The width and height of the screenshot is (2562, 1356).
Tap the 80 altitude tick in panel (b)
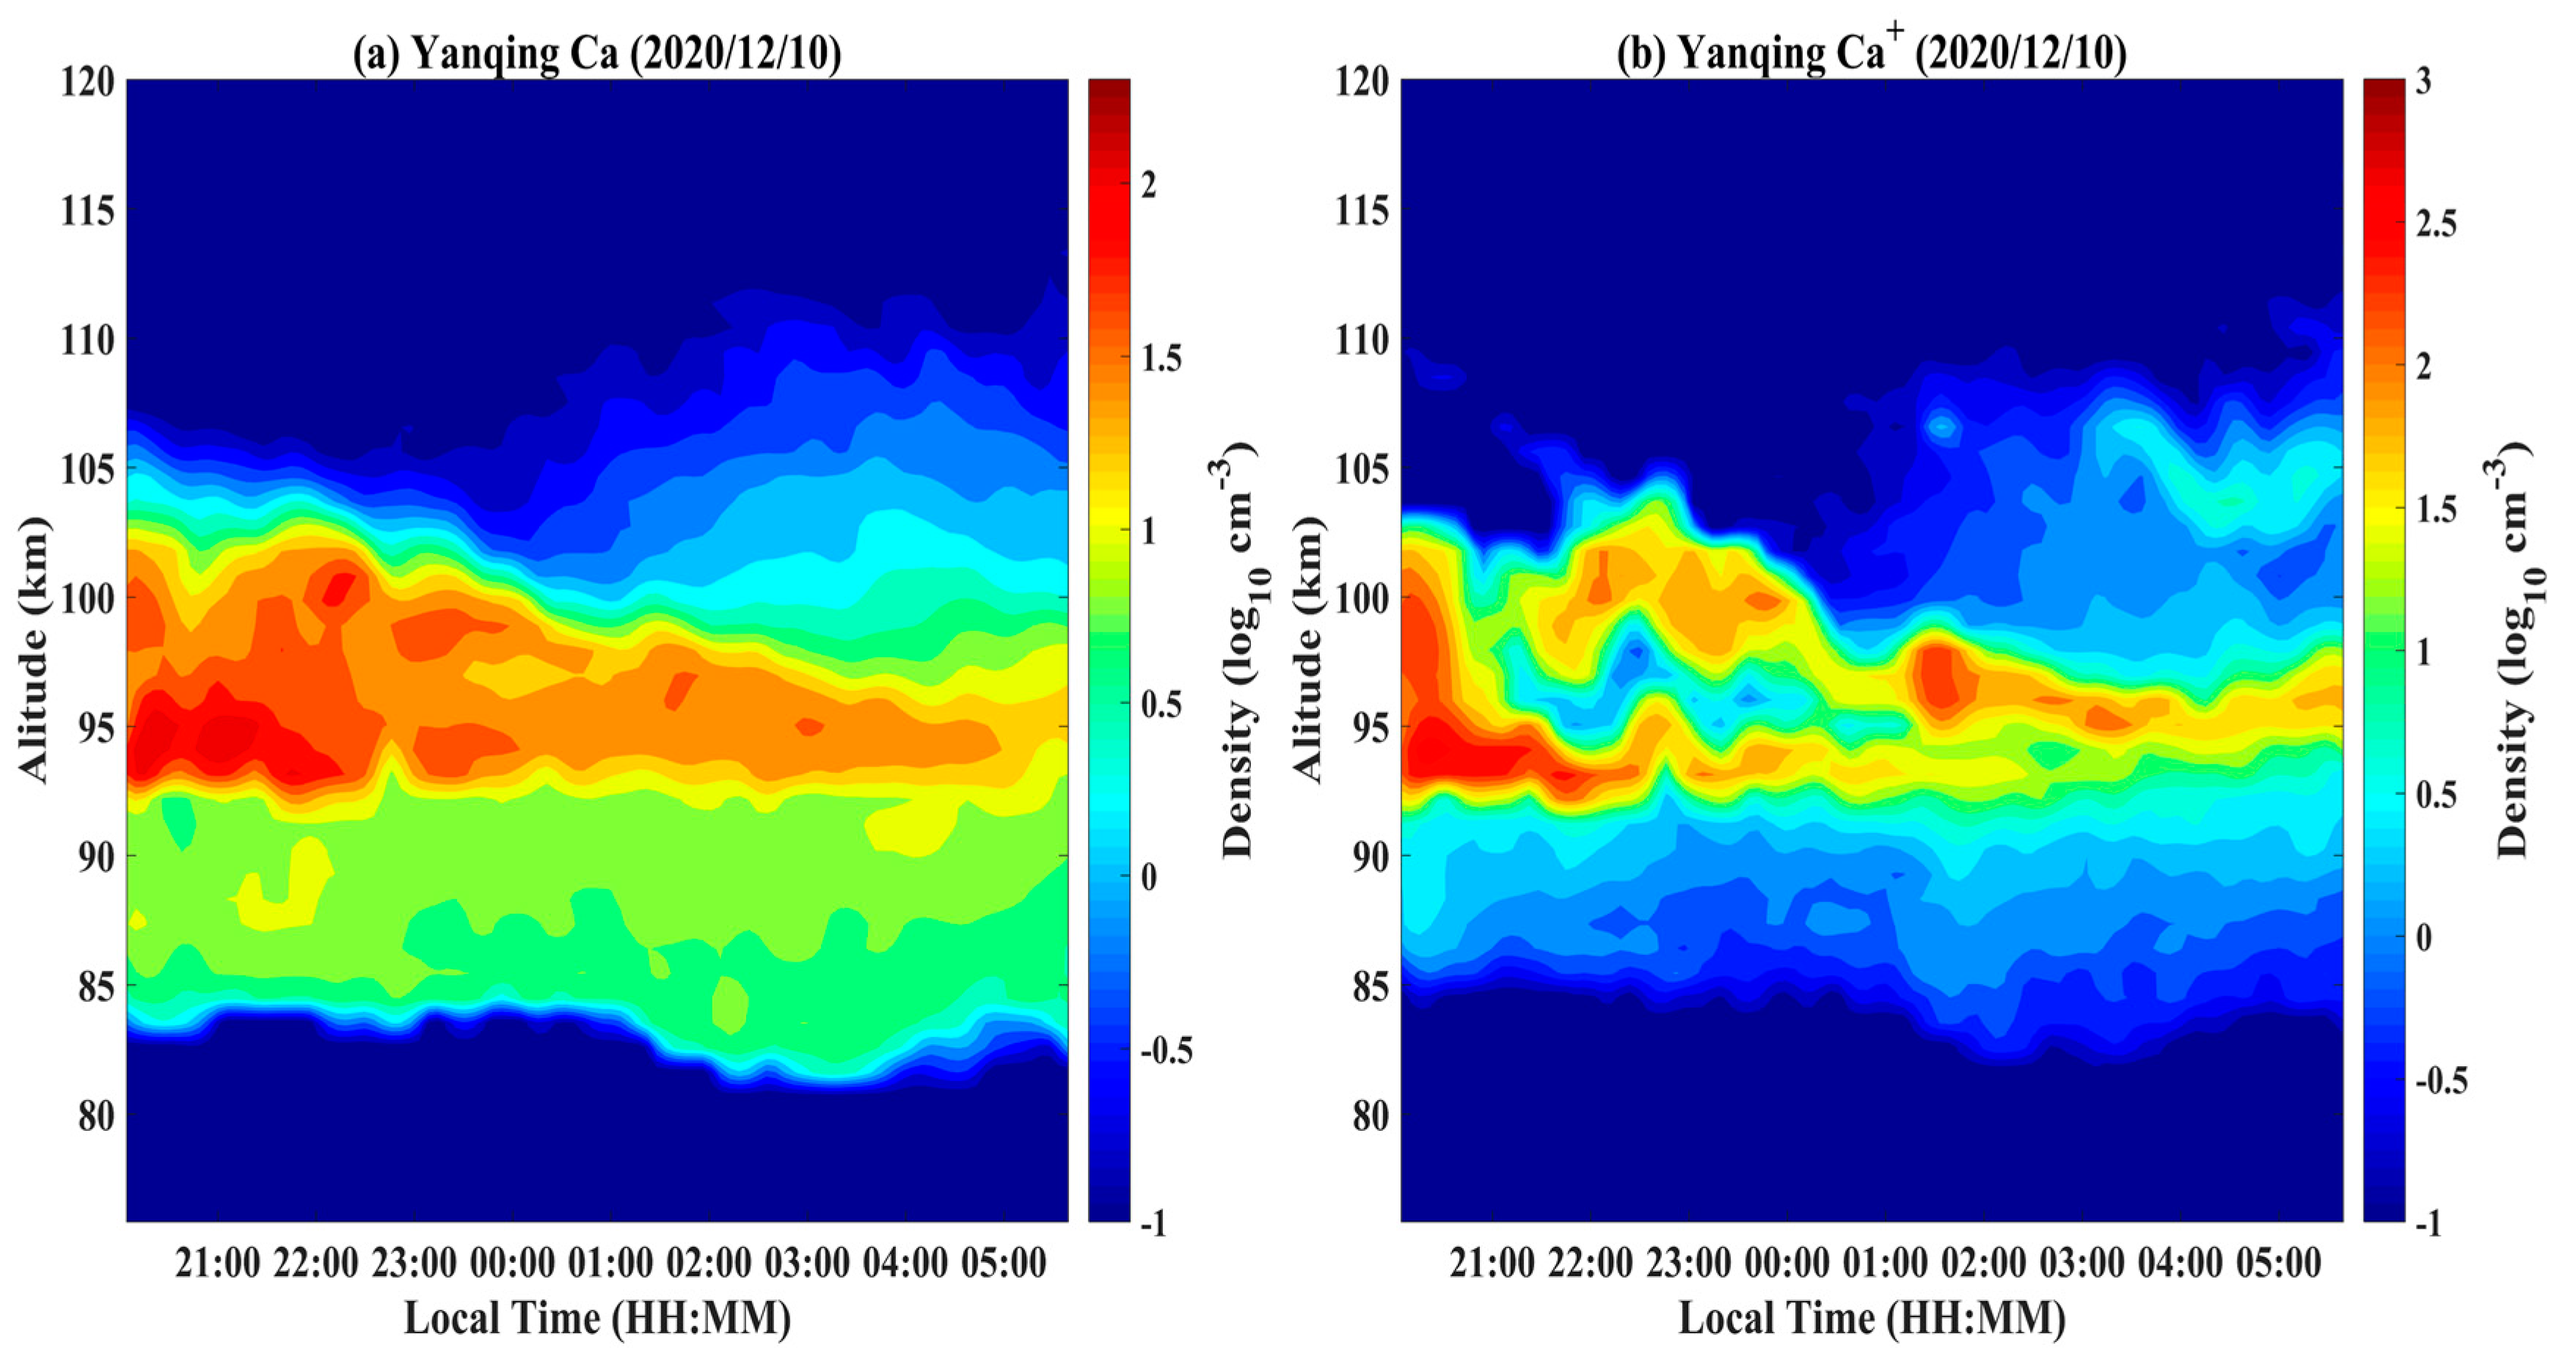click(1368, 1115)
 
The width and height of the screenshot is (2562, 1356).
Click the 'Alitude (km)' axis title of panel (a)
click(34, 650)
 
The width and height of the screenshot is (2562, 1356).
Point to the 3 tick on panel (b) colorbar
click(2423, 81)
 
